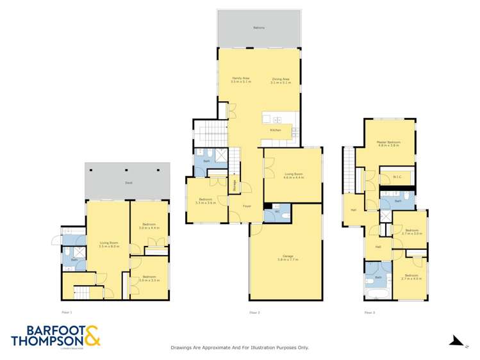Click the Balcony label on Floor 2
pos(259,28)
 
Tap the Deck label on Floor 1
pos(128,183)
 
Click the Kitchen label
pos(276,130)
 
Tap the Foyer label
pos(247,206)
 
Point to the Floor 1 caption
pos(67,312)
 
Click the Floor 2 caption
pos(254,312)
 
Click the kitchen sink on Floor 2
pos(277,120)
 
